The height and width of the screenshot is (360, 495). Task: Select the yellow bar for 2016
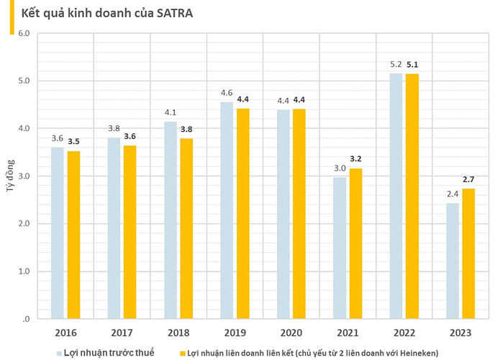click(x=73, y=235)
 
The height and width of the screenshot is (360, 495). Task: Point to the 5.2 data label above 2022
click(x=396, y=64)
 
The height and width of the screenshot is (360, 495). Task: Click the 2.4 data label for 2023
click(x=452, y=194)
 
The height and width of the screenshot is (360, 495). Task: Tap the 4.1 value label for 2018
click(x=170, y=113)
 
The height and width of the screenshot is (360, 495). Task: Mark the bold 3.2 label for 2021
click(x=355, y=159)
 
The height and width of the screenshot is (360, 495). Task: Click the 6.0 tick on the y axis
click(x=23, y=33)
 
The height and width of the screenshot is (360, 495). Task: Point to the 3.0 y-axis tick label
click(x=23, y=176)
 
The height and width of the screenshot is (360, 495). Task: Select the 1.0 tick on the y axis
click(x=23, y=271)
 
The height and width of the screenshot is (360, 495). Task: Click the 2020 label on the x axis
click(x=290, y=333)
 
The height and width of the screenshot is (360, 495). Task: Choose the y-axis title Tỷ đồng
click(x=10, y=176)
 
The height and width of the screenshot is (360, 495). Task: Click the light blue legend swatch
click(x=60, y=354)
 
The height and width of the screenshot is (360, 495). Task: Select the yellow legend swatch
click(x=182, y=354)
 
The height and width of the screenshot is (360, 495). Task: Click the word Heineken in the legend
click(x=414, y=354)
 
